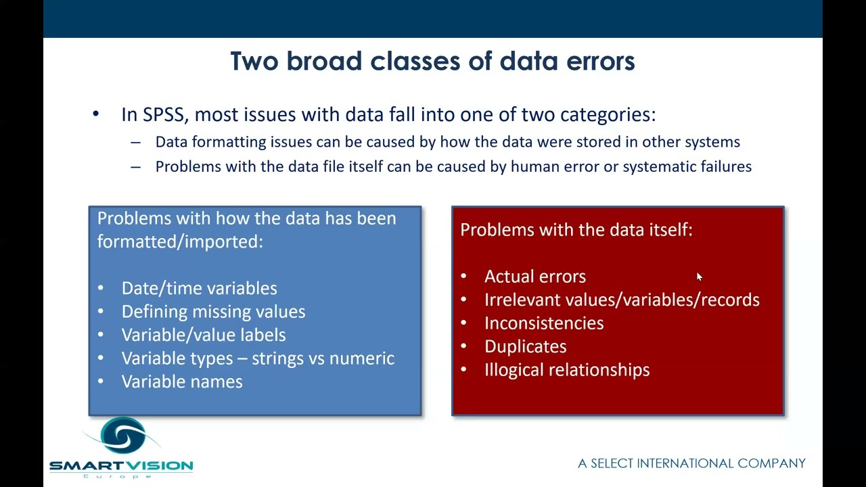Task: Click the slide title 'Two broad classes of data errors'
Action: pos(432,61)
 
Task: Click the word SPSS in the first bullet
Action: pos(165,114)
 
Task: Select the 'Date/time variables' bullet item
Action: pos(199,288)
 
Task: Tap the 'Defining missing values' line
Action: pos(213,312)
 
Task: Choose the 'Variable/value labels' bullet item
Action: pos(204,335)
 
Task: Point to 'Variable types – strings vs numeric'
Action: pos(258,358)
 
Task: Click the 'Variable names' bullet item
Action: pos(182,381)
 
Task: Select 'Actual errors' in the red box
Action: pos(534,277)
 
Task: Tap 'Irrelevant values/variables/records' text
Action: pos(622,300)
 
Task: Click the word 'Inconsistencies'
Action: pos(544,323)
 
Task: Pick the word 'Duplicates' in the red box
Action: pos(525,346)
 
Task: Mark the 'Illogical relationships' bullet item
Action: pos(567,370)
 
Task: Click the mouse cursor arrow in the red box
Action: pos(699,276)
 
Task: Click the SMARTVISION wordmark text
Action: pos(121,465)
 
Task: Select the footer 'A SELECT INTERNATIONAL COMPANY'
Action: pos(691,463)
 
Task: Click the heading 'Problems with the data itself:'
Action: pos(576,230)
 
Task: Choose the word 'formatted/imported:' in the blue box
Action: pos(180,241)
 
